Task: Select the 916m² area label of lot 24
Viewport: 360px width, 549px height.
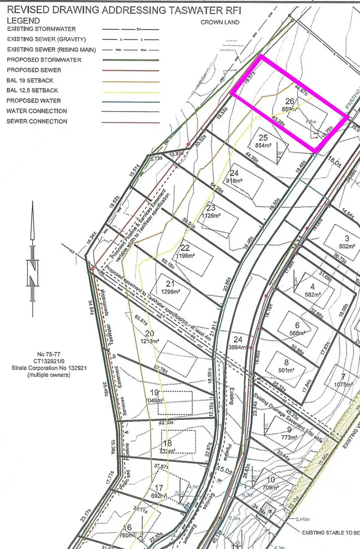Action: pyautogui.click(x=234, y=180)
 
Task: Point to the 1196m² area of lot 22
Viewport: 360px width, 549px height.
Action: pyautogui.click(x=186, y=255)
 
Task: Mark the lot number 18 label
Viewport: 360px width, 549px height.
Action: pyautogui.click(x=167, y=443)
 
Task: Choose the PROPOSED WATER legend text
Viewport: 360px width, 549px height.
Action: pyautogui.click(x=34, y=101)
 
